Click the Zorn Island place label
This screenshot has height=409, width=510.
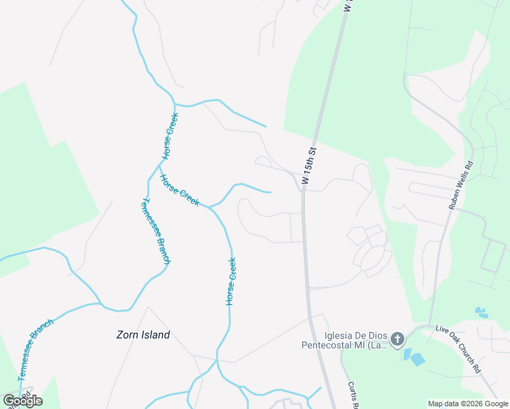pos(142,335)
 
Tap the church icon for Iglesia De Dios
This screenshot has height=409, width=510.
pos(397,339)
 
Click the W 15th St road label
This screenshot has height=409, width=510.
pos(310,166)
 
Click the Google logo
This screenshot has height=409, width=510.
pos(22,401)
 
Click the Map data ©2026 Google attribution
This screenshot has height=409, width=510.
pos(467,404)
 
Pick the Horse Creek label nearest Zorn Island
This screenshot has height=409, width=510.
pos(231,280)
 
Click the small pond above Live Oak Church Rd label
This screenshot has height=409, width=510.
pos(481,312)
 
